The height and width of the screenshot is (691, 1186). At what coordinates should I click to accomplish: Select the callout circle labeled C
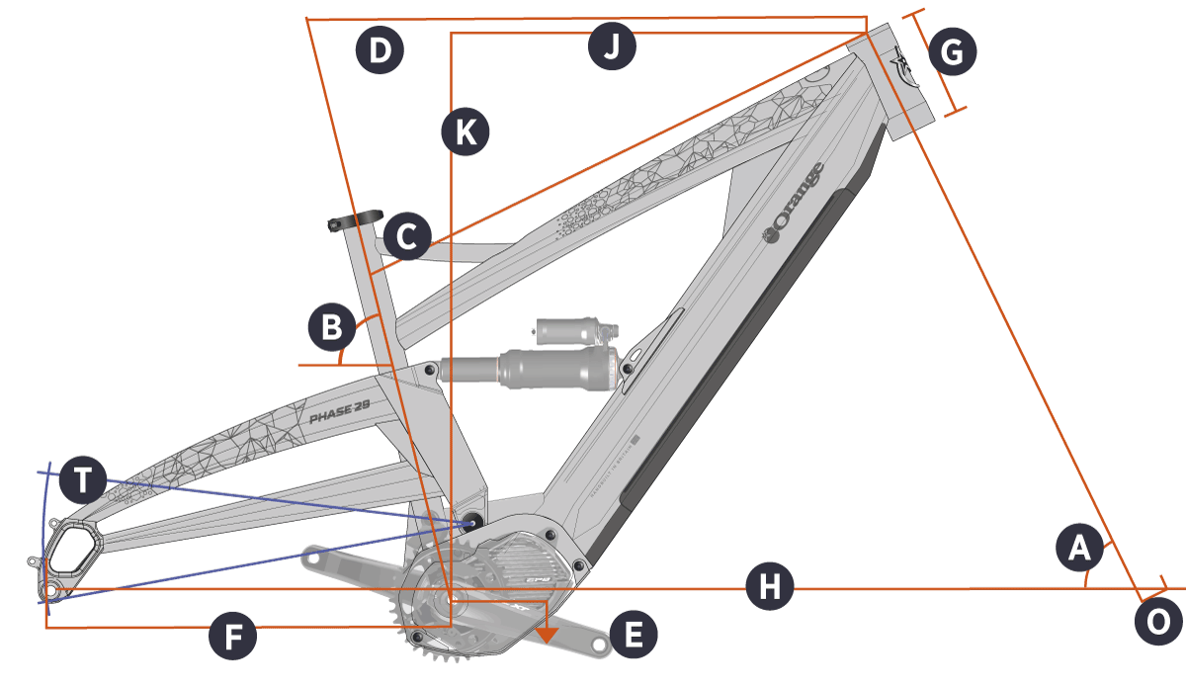(x=407, y=236)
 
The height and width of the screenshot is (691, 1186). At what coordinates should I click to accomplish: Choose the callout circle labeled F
(x=233, y=638)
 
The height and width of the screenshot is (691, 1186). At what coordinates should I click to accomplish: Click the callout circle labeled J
(x=612, y=47)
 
